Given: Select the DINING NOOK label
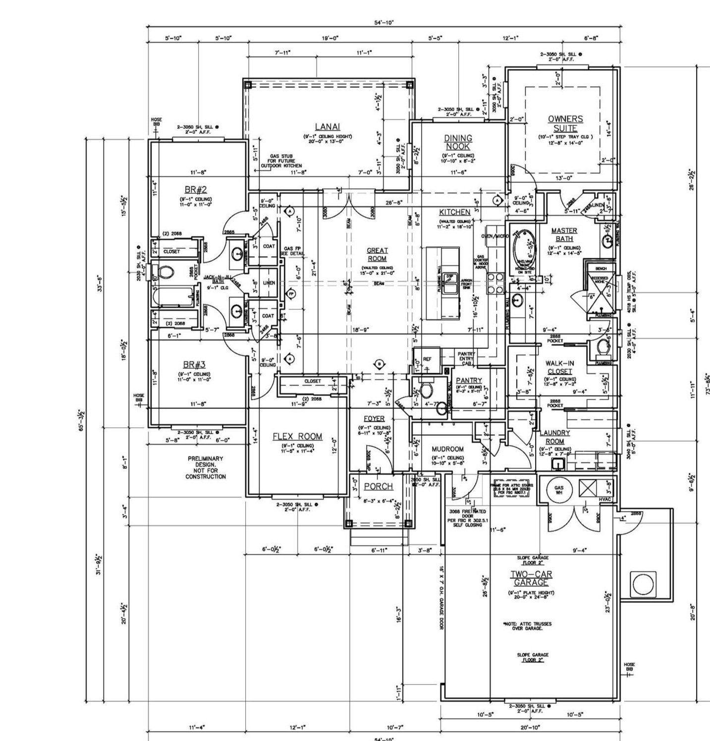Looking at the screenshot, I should [458, 142].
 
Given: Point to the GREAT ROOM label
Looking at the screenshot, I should [377, 254].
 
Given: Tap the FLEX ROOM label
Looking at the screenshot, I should [297, 437].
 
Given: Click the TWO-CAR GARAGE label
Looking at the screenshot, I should [531, 578].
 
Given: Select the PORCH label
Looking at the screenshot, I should [378, 487].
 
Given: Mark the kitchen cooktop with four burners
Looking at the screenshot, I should [494, 284].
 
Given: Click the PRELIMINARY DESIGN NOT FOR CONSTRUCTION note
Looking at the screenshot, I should [205, 467].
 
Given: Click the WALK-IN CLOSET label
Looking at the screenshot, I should [560, 367].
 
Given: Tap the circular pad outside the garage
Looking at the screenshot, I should [644, 585].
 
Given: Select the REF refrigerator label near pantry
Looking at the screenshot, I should [427, 359].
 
